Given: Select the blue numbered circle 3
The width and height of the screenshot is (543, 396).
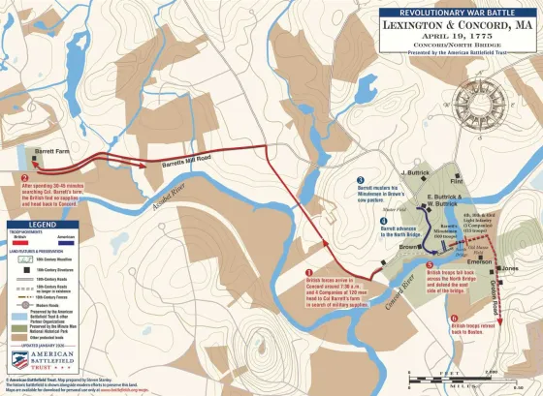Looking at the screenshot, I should click(360, 180).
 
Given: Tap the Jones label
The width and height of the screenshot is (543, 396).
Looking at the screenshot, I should click(511, 268).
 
